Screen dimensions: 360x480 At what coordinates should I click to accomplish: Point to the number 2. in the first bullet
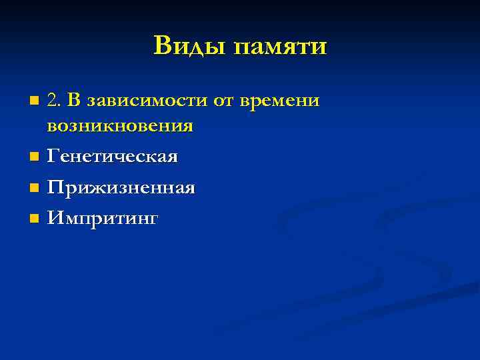[x=54, y=100]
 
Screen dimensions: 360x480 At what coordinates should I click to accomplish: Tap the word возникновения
[x=120, y=125]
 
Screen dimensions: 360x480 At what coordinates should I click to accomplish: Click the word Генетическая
[x=112, y=157]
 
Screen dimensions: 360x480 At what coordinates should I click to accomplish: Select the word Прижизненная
[x=120, y=187]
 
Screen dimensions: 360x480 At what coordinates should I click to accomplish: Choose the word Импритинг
[x=102, y=218]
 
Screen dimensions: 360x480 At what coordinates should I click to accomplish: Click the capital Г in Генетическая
[x=51, y=156]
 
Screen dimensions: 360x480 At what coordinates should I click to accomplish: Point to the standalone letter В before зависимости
[x=73, y=100]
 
